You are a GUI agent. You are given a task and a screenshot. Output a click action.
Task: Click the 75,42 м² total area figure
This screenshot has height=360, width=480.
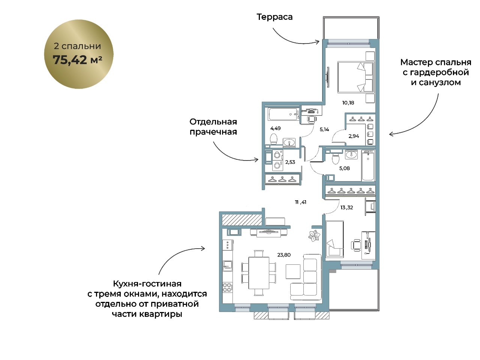click(x=77, y=60)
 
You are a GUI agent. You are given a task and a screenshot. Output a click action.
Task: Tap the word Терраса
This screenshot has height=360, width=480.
click(x=274, y=17)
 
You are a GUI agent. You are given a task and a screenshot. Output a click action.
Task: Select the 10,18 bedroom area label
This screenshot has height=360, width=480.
click(x=348, y=102)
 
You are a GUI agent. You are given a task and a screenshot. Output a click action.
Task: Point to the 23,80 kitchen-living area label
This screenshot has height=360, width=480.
click(x=284, y=255)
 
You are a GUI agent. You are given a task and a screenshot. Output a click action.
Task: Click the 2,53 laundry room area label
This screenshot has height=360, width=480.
click(x=290, y=162)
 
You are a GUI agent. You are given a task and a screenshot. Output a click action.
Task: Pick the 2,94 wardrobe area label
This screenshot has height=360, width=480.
click(x=354, y=136)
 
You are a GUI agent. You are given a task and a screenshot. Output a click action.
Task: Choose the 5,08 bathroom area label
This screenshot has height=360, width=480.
click(x=344, y=168)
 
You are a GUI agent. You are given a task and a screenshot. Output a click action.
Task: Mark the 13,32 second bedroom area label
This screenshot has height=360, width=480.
click(x=346, y=207)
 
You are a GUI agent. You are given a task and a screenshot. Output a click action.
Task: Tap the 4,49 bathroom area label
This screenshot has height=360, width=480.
click(x=275, y=128)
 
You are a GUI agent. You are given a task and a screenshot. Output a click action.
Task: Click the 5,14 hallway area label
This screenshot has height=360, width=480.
click(x=324, y=129)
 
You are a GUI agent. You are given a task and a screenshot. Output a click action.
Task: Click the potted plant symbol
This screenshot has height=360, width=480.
click(x=314, y=235)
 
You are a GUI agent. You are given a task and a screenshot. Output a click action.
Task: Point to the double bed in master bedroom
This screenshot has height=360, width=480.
click(x=356, y=77)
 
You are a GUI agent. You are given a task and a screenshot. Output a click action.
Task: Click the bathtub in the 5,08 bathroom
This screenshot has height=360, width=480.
click(x=368, y=165)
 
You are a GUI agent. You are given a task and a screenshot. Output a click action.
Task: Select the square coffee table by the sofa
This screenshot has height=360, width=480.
click(x=293, y=271)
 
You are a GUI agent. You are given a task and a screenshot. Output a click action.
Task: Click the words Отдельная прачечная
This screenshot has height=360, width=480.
click(x=213, y=127)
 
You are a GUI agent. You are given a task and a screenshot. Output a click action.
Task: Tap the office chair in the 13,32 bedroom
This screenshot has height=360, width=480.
click(x=356, y=244)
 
